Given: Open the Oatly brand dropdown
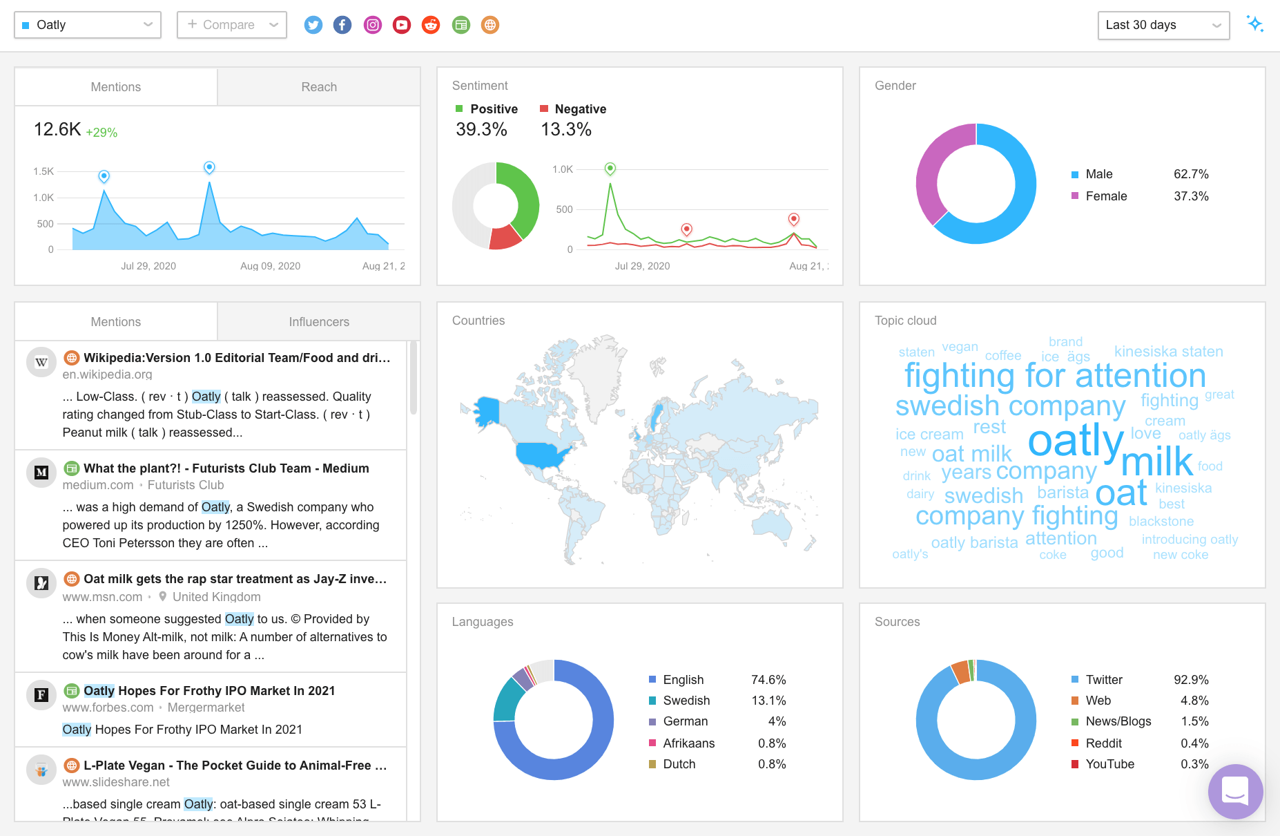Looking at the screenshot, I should point(87,25).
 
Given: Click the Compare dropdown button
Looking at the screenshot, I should point(231,25).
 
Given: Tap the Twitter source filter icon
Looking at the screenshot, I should point(313,25).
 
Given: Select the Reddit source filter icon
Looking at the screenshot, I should point(431,25).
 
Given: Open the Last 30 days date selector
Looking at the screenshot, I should point(1163,25).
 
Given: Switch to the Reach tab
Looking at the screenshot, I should point(319,87).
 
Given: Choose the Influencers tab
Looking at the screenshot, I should point(319,322).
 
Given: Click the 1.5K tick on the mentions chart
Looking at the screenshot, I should point(43,171).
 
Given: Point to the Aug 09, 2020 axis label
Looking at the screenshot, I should point(270,266).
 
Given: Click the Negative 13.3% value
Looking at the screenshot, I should point(565,129).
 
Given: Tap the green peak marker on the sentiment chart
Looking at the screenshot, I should point(610,168).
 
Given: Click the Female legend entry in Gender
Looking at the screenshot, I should point(1105,196).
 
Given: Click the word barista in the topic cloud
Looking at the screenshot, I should point(1063,493).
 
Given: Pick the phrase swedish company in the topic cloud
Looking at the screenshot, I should point(1010,406).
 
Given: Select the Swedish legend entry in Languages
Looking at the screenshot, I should point(686,701).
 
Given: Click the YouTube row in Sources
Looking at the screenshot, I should point(1109,764).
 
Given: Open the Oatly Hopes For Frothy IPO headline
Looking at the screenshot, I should point(209,691).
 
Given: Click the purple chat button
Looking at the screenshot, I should point(1235,791).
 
